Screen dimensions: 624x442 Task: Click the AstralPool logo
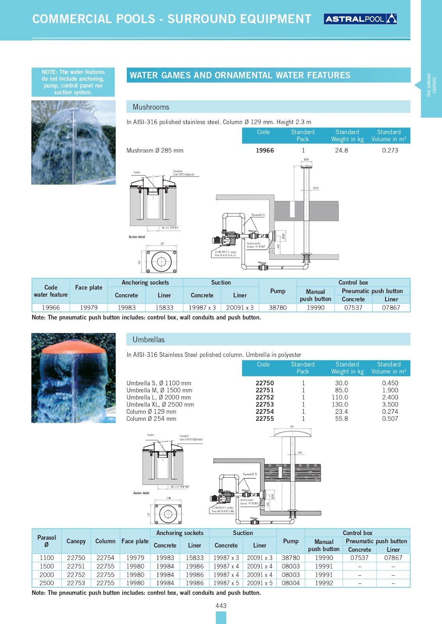pyautogui.click(x=360, y=19)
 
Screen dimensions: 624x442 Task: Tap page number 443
pyautogui.click(x=221, y=606)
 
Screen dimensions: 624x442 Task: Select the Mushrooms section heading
pyautogui.click(x=151, y=107)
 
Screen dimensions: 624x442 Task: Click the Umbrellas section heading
pyautogui.click(x=148, y=340)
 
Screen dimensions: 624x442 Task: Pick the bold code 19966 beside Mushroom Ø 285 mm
pyautogui.click(x=265, y=151)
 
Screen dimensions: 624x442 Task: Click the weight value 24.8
pyautogui.click(x=341, y=151)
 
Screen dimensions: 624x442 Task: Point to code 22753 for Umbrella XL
pyautogui.click(x=265, y=404)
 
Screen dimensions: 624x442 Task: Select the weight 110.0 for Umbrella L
pyautogui.click(x=340, y=397)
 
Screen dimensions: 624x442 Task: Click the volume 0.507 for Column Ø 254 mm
pyautogui.click(x=390, y=419)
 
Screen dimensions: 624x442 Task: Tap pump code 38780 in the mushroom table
pyautogui.click(x=278, y=308)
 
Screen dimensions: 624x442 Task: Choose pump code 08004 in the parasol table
pyautogui.click(x=291, y=583)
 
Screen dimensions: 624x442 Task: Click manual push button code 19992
pyautogui.click(x=324, y=583)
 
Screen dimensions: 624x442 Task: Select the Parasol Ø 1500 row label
pyautogui.click(x=46, y=566)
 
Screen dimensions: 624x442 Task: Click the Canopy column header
pyautogui.click(x=76, y=541)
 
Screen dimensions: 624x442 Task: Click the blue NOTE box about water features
pyautogui.click(x=73, y=82)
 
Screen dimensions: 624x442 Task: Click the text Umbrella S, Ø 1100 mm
pyautogui.click(x=159, y=383)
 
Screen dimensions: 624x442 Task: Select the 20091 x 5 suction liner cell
pyautogui.click(x=260, y=583)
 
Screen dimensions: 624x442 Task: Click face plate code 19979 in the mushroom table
pyautogui.click(x=89, y=308)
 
